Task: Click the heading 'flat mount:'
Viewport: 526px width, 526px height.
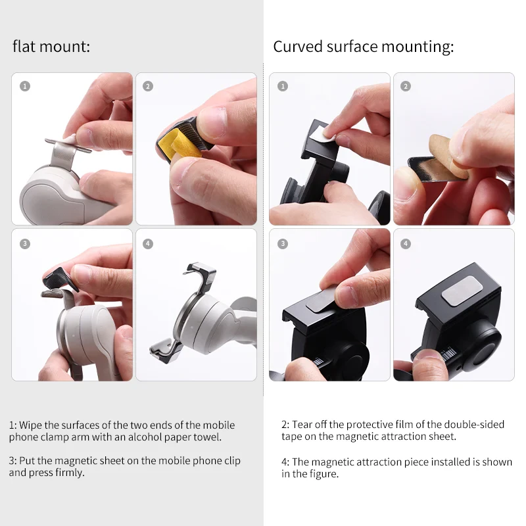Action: [x=51, y=46]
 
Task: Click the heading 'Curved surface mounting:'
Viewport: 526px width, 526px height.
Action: [x=364, y=47]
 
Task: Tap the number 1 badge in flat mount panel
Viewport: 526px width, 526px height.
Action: [x=25, y=86]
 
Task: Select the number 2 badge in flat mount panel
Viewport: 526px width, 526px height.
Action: [x=148, y=86]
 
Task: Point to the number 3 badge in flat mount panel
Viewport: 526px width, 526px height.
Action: [x=25, y=243]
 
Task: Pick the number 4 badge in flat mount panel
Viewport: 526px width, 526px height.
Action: [x=148, y=243]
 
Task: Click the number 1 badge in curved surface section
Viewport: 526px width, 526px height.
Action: [x=283, y=86]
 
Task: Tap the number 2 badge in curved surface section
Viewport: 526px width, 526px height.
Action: [x=406, y=86]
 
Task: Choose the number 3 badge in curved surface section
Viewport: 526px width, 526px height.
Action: [x=283, y=243]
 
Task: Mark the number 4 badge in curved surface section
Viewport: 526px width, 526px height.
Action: [x=406, y=243]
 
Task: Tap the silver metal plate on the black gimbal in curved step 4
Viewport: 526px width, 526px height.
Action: [x=462, y=291]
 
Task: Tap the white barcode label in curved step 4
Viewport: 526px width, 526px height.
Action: [x=448, y=354]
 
